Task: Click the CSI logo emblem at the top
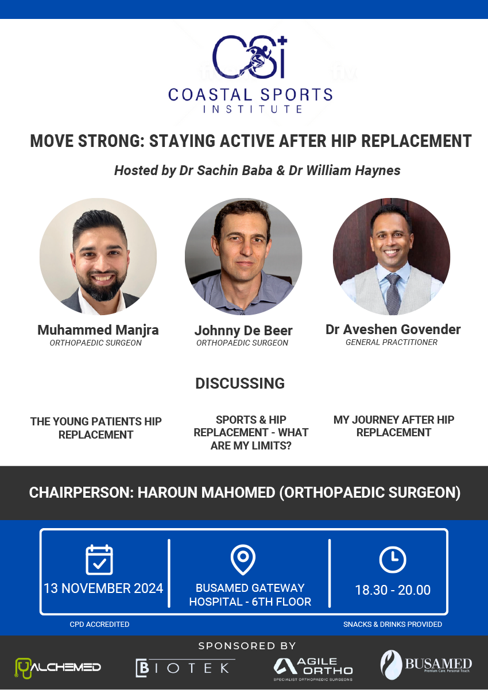250,57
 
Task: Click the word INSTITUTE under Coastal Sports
252,109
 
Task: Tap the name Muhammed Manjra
98,330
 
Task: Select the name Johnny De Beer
243,331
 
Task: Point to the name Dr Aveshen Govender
393,330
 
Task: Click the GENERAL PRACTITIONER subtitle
392,342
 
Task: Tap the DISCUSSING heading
240,383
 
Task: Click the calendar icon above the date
99,559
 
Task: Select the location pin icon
243,560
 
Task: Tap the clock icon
393,560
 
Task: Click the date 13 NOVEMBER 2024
103,588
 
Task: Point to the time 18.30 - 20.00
393,590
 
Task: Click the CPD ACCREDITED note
99,625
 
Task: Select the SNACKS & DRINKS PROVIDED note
393,625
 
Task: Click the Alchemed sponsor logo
58,668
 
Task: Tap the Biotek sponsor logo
185,668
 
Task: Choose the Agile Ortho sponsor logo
313,669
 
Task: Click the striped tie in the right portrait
393,293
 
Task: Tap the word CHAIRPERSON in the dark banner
81,493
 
